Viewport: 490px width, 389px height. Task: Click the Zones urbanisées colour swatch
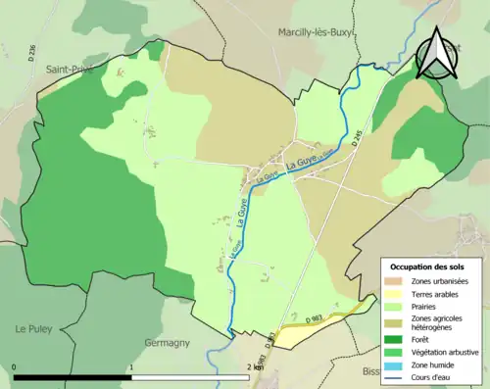point(394,281)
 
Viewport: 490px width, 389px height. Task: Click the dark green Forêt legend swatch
point(394,340)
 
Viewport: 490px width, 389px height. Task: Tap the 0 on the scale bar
point(14,367)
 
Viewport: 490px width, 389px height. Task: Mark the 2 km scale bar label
point(255,367)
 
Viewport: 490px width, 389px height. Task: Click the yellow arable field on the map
point(314,327)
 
